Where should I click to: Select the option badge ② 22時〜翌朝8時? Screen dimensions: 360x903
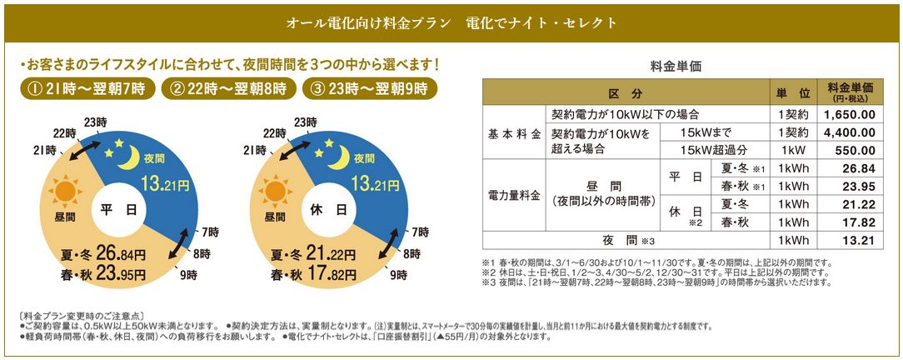[230, 87]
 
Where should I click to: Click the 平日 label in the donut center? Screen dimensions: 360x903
[120, 210]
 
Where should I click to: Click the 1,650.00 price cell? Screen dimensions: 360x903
[849, 115]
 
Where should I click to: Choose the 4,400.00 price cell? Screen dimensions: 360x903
[849, 132]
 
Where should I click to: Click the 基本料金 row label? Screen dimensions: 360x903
[513, 132]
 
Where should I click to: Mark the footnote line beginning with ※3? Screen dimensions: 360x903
[658, 282]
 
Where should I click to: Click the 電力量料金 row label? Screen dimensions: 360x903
[513, 197]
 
